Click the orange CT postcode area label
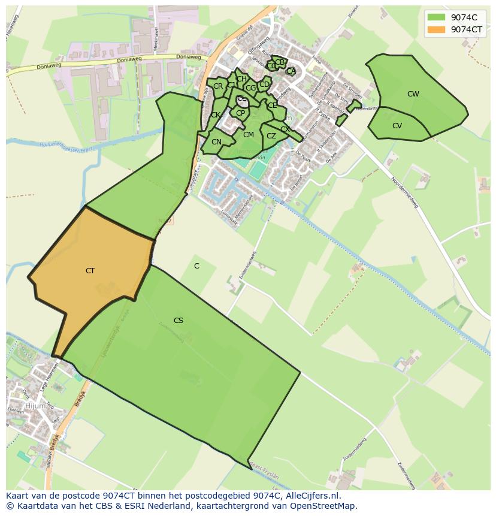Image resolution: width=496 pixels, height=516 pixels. (90, 271)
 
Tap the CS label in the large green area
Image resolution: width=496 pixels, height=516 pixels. (179, 321)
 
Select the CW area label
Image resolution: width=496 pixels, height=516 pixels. (413, 94)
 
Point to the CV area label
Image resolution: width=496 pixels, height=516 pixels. (397, 126)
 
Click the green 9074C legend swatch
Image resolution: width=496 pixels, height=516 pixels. (437, 17)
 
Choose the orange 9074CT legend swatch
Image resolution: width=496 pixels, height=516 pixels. (437, 29)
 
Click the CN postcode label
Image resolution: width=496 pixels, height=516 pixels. (216, 142)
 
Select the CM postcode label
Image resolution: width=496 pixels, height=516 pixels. (249, 135)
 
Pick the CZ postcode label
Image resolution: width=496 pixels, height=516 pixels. (271, 136)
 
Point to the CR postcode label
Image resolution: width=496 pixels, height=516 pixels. (218, 86)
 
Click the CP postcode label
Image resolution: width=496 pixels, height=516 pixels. (240, 113)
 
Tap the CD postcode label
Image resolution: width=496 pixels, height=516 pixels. (264, 85)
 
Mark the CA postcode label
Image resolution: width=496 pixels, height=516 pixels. (291, 71)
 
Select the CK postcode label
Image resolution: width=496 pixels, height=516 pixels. (215, 115)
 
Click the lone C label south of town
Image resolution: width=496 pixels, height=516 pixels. (196, 265)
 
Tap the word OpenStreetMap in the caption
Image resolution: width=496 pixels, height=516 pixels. (325, 506)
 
